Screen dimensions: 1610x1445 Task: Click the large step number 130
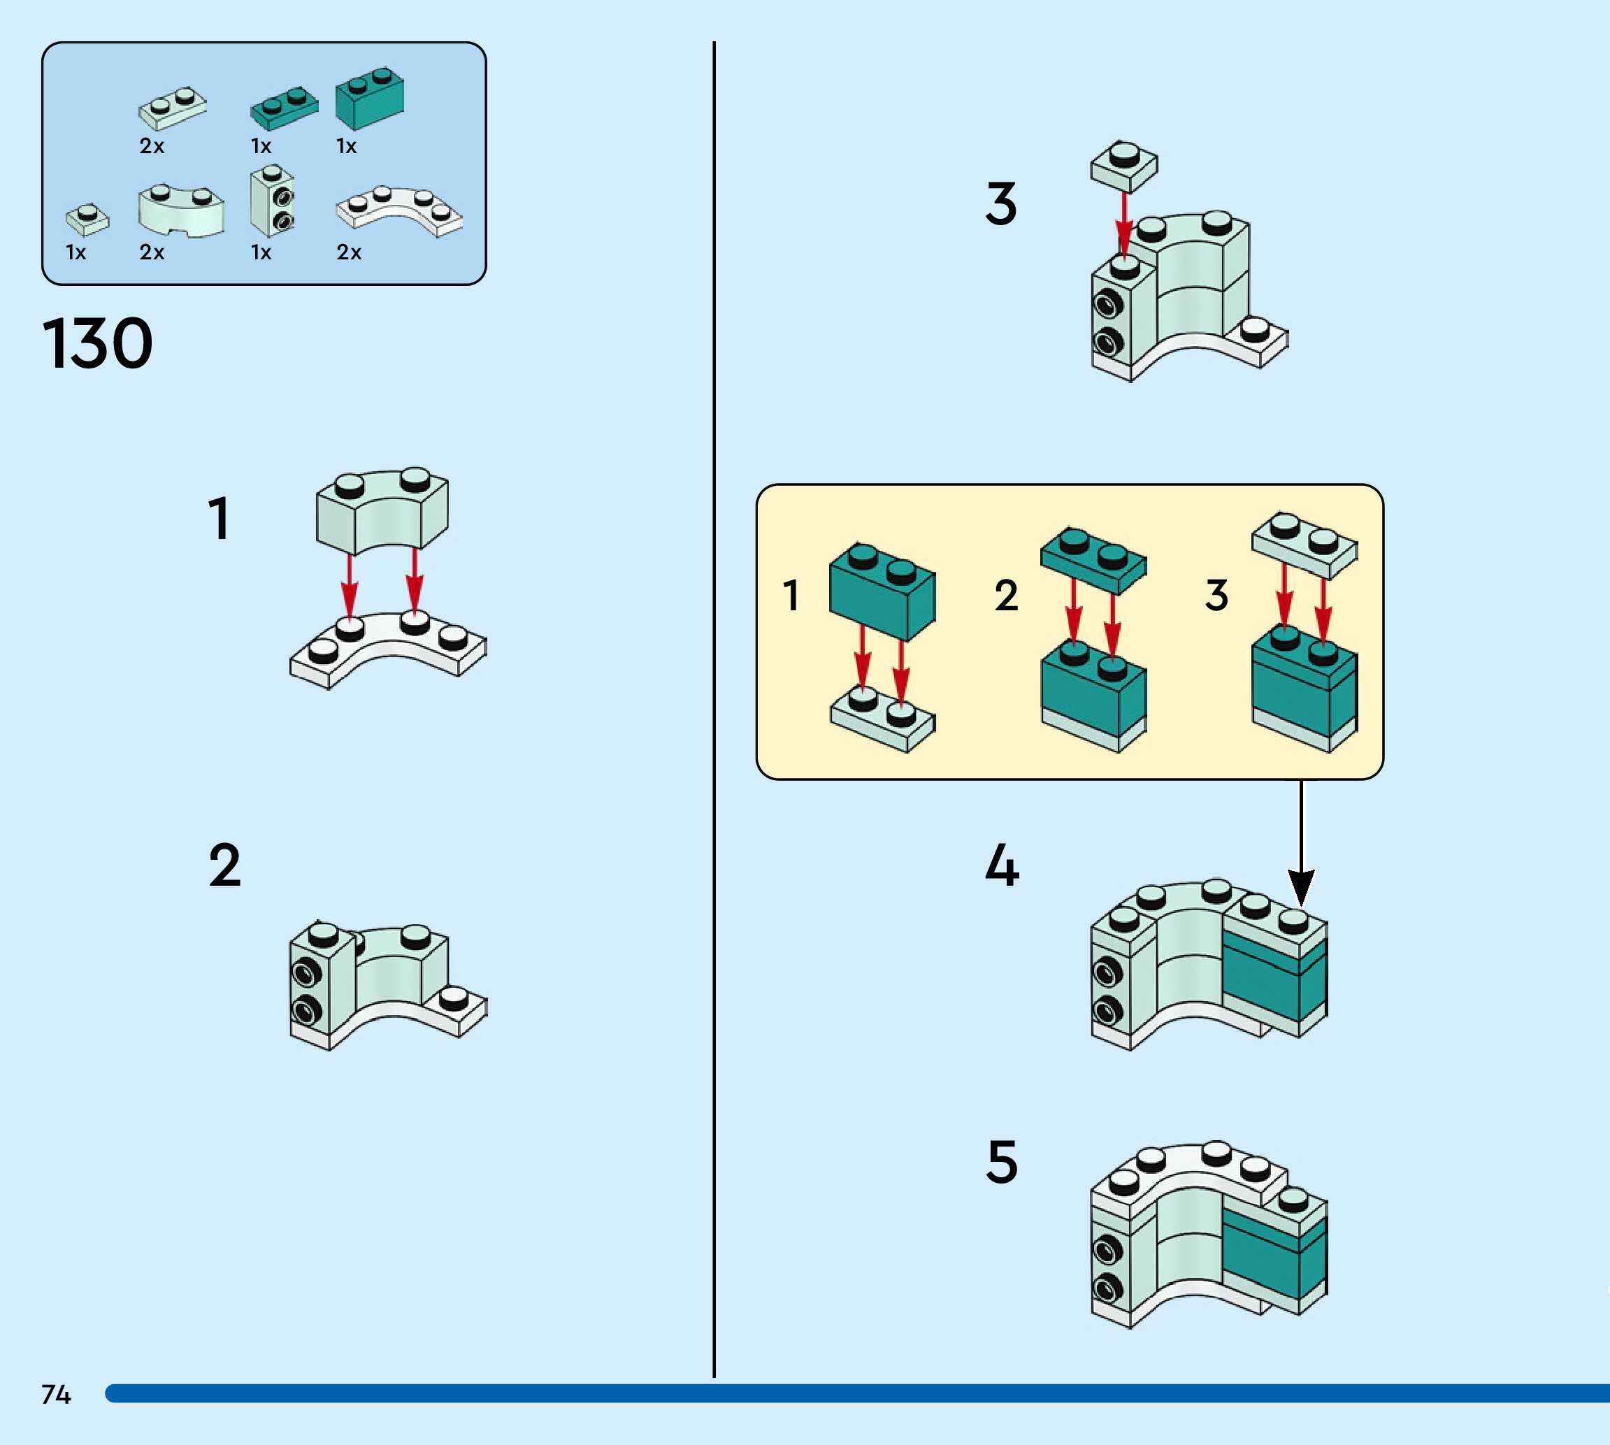click(97, 343)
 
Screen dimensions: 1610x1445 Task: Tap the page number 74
click(55, 1394)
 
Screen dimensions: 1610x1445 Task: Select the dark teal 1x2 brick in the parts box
click(369, 99)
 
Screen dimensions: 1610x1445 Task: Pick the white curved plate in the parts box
click(398, 210)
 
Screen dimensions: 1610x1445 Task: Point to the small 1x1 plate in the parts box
click(87, 219)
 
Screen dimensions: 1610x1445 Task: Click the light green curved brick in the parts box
click(181, 210)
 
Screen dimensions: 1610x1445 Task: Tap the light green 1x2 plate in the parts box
click(172, 108)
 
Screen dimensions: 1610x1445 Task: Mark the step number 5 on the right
click(1001, 1163)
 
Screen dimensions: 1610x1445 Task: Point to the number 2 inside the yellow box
click(1006, 596)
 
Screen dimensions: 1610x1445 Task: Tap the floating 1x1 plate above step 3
click(1123, 165)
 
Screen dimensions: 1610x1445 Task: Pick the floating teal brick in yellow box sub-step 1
click(882, 591)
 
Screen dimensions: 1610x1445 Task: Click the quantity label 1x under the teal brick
click(346, 146)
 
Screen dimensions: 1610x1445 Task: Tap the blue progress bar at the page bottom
click(857, 1393)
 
